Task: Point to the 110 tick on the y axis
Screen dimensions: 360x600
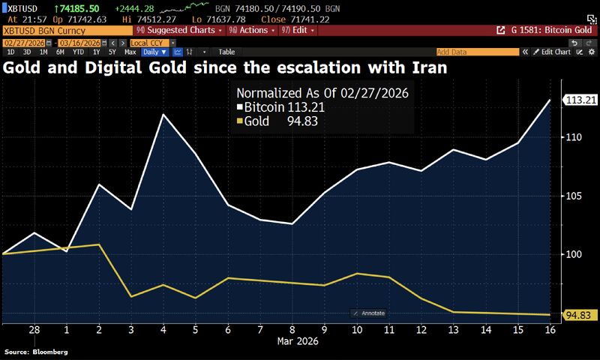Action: [572, 137]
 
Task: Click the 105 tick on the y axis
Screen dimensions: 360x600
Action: [572, 196]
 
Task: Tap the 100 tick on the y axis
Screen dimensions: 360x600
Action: [572, 254]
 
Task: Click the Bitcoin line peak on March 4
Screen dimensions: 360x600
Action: [163, 114]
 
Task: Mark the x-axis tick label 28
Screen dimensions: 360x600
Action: [34, 330]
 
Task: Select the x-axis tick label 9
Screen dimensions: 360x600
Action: [324, 330]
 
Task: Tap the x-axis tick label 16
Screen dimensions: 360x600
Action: [550, 330]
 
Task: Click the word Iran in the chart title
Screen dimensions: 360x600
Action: [425, 68]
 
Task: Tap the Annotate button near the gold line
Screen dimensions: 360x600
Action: [370, 313]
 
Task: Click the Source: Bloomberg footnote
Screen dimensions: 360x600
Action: [36, 352]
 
